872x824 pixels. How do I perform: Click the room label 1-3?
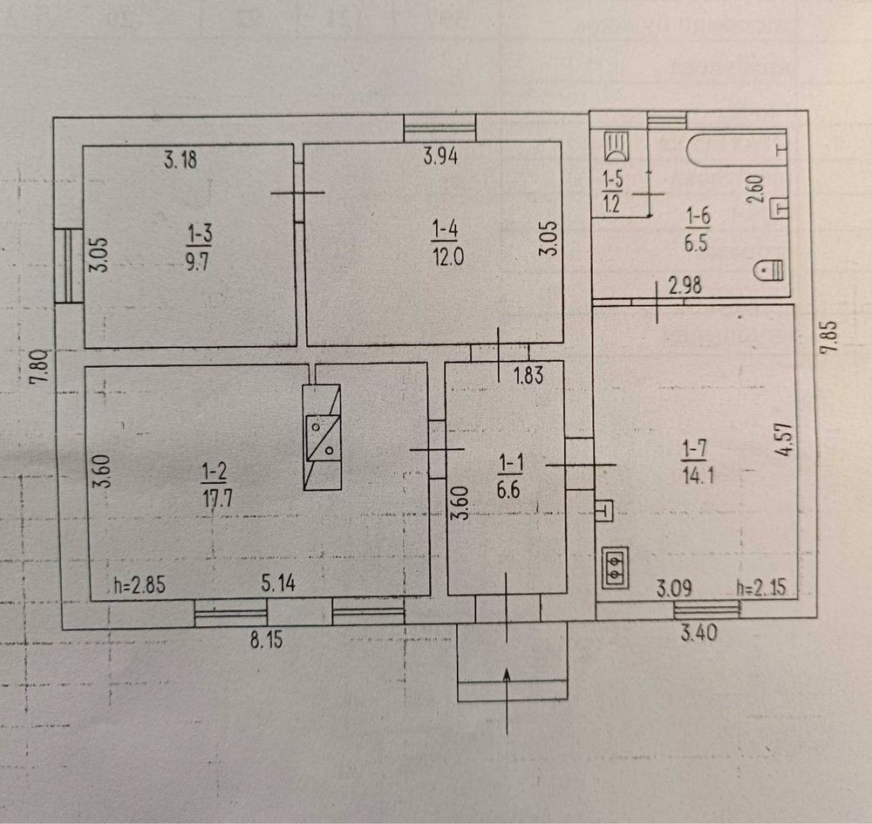201,234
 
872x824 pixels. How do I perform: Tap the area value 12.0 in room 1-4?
448,257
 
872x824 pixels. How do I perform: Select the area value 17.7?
217,498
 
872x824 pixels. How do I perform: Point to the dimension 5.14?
278,583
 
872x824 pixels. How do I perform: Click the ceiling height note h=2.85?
140,585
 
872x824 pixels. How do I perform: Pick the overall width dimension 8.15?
266,640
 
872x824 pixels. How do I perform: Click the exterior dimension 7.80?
40,367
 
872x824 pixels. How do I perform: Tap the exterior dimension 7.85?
828,337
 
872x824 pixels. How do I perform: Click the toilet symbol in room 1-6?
768,270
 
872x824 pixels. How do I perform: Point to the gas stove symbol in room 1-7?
615,567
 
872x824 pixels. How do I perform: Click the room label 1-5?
613,180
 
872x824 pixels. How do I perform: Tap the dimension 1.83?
528,375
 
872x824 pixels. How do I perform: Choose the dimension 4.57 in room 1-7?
784,439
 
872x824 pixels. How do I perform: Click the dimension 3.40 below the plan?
699,633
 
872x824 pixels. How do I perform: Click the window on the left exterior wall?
69,266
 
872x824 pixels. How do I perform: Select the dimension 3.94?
440,156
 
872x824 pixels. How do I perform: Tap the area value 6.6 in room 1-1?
508,490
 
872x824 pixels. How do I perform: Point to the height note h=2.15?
761,588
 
